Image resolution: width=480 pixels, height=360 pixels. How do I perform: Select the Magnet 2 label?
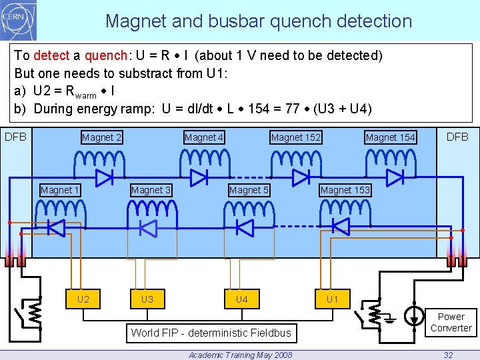tap(101, 137)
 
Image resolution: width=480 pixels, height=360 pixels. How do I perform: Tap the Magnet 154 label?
tap(390, 137)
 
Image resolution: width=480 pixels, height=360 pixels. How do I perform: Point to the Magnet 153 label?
tap(345, 190)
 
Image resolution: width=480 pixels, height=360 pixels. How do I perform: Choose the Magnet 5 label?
tap(249, 190)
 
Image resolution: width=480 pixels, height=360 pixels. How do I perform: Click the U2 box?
tap(83, 299)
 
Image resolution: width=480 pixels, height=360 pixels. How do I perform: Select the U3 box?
tap(147, 299)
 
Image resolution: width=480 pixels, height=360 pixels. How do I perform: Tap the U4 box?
tap(241, 299)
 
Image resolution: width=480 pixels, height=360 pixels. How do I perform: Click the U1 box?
tap(332, 299)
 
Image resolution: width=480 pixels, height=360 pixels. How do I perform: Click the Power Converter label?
tap(451, 322)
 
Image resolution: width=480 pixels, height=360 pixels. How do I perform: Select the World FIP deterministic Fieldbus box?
tap(211, 332)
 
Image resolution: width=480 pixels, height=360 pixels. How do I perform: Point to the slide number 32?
tap(449, 355)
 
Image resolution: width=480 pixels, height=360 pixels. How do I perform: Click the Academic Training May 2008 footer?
tap(240, 355)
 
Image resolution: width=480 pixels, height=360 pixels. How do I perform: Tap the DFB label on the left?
tap(15, 137)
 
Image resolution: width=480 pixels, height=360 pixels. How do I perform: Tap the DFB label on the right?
tap(457, 137)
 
